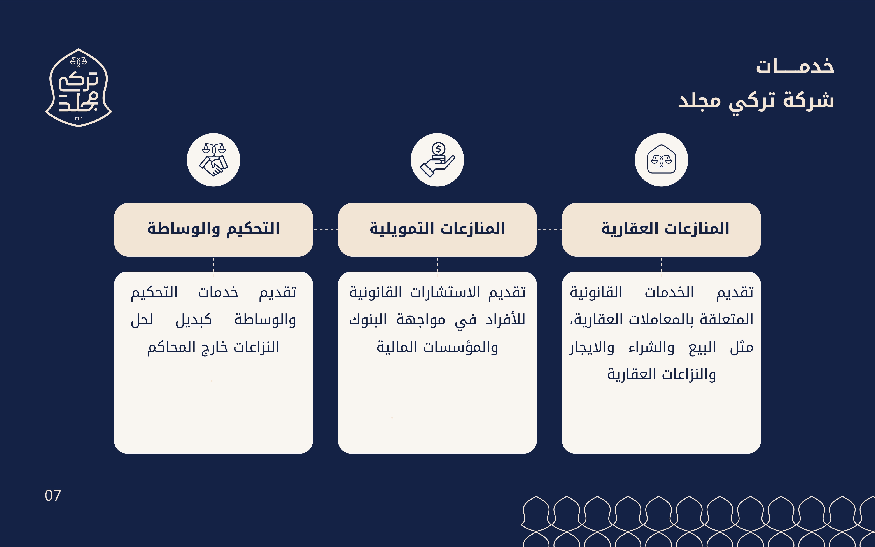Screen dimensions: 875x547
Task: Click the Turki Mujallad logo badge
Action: point(79,88)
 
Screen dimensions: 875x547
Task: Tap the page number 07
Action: point(53,496)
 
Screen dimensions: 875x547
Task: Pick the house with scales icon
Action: point(661,159)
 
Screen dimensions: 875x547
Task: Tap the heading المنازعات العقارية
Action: point(665,229)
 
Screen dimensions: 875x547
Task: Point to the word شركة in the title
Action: point(809,100)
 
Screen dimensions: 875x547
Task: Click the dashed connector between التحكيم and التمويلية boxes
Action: point(325,230)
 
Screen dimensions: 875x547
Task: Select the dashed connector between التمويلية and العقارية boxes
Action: point(549,230)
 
